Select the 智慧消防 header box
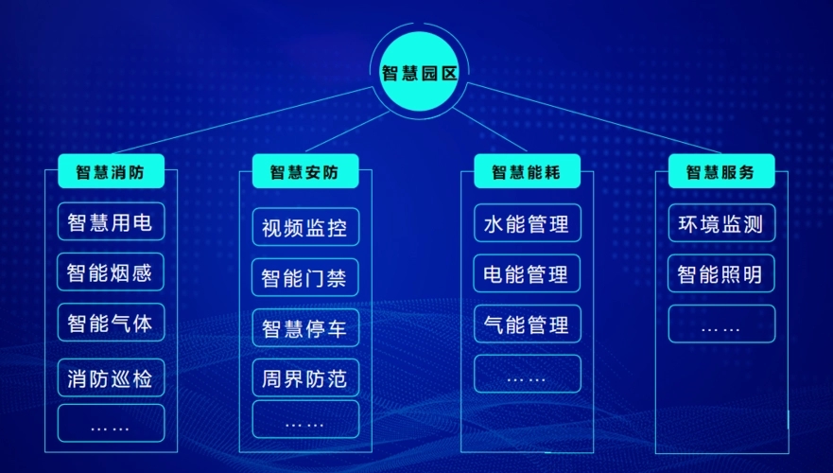point(111,172)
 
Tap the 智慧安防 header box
point(305,172)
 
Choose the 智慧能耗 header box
point(526,172)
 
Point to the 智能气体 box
point(111,324)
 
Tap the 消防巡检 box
point(111,378)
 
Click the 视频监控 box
point(305,227)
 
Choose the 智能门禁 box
point(305,278)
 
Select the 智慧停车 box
point(305,328)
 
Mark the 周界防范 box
point(305,379)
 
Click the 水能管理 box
point(527,223)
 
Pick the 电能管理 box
point(527,273)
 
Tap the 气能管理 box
point(527,324)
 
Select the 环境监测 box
point(721,224)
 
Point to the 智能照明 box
point(721,274)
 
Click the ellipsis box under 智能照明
point(721,324)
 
